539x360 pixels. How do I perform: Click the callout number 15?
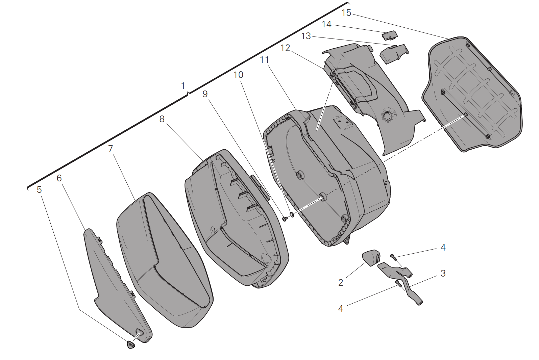click(346, 13)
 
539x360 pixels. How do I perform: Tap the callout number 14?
click(326, 24)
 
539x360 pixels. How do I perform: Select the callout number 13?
click(306, 36)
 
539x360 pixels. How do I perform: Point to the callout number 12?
click(285, 48)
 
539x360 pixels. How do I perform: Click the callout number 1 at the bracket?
click(183, 86)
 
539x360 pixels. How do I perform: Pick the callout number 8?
click(162, 119)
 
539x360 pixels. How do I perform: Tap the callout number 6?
click(59, 178)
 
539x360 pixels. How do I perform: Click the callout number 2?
click(341, 283)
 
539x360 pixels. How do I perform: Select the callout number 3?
click(443, 274)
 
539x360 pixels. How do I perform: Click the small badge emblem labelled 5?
click(131, 344)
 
